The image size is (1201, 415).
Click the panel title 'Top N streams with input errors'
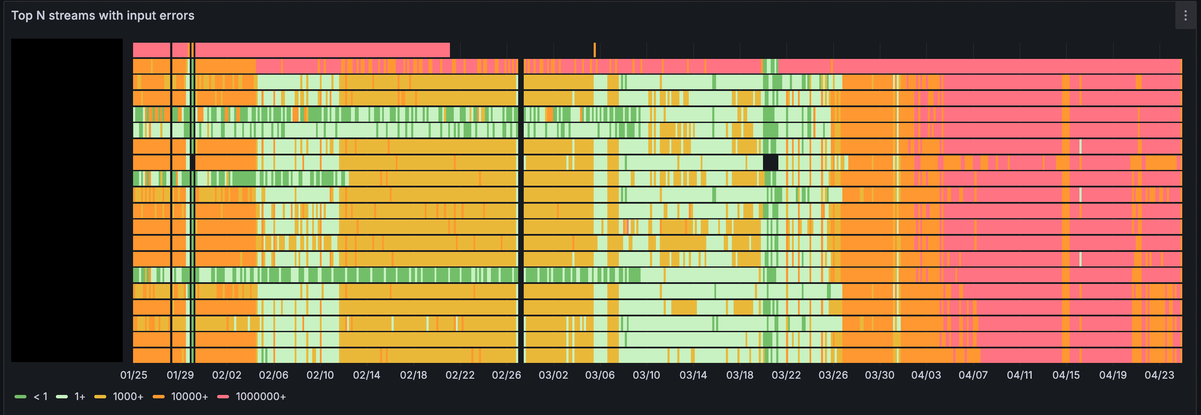point(102,15)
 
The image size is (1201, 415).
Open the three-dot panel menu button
point(1185,15)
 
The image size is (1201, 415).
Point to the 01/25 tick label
point(134,375)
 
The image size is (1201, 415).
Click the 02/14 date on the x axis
point(366,375)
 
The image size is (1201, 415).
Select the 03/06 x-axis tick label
point(600,375)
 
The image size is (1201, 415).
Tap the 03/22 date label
point(786,375)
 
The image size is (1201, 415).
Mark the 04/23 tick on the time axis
point(1159,375)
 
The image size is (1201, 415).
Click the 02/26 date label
point(506,375)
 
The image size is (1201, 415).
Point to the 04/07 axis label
point(973,375)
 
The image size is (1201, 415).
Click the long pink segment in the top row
point(322,50)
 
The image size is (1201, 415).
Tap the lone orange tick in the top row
point(595,50)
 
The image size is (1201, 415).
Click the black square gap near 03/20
point(770,162)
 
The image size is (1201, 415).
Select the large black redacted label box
point(67,200)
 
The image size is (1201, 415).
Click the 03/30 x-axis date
point(879,375)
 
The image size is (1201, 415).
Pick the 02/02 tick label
point(226,375)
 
